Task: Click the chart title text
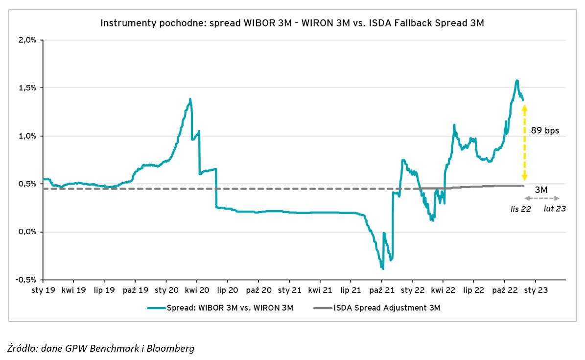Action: click(x=292, y=23)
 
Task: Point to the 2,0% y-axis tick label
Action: click(x=27, y=40)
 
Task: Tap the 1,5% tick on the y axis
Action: click(x=27, y=88)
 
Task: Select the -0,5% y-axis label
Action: click(x=26, y=280)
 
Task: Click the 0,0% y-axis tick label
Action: click(x=27, y=232)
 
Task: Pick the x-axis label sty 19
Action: click(x=43, y=290)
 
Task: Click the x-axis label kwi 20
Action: click(x=197, y=290)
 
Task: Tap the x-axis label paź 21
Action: click(x=381, y=290)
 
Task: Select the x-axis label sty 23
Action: click(x=536, y=290)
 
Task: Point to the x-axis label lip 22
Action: click(x=473, y=290)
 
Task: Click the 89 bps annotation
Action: click(x=545, y=131)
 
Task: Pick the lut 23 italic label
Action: click(x=555, y=209)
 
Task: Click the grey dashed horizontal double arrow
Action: click(x=541, y=198)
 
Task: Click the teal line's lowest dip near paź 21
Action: click(x=383, y=268)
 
